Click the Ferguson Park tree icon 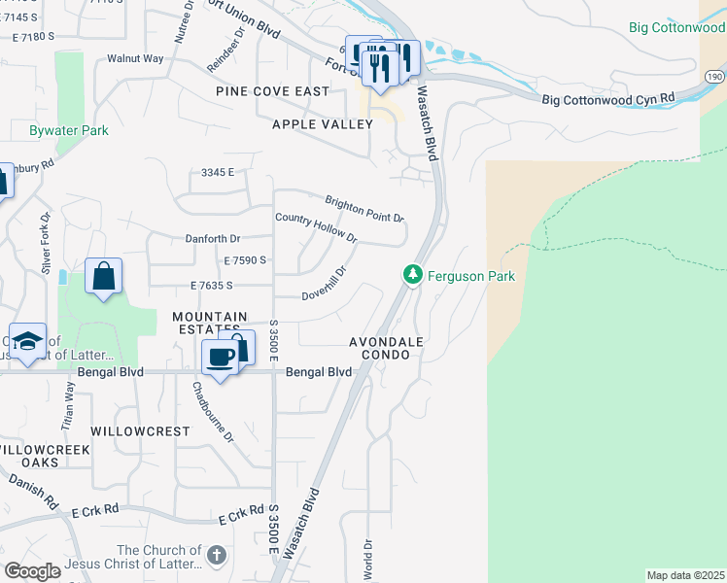coord(413,276)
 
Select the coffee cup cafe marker coord(221,358)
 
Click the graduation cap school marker coord(28,342)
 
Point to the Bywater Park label coord(68,129)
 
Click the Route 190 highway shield coord(714,76)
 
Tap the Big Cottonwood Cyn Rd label coord(607,99)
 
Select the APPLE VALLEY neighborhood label coord(323,124)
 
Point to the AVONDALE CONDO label coord(387,348)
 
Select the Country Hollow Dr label coord(316,227)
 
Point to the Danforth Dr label coord(212,238)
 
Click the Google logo coord(32,570)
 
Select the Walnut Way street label coord(135,58)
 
